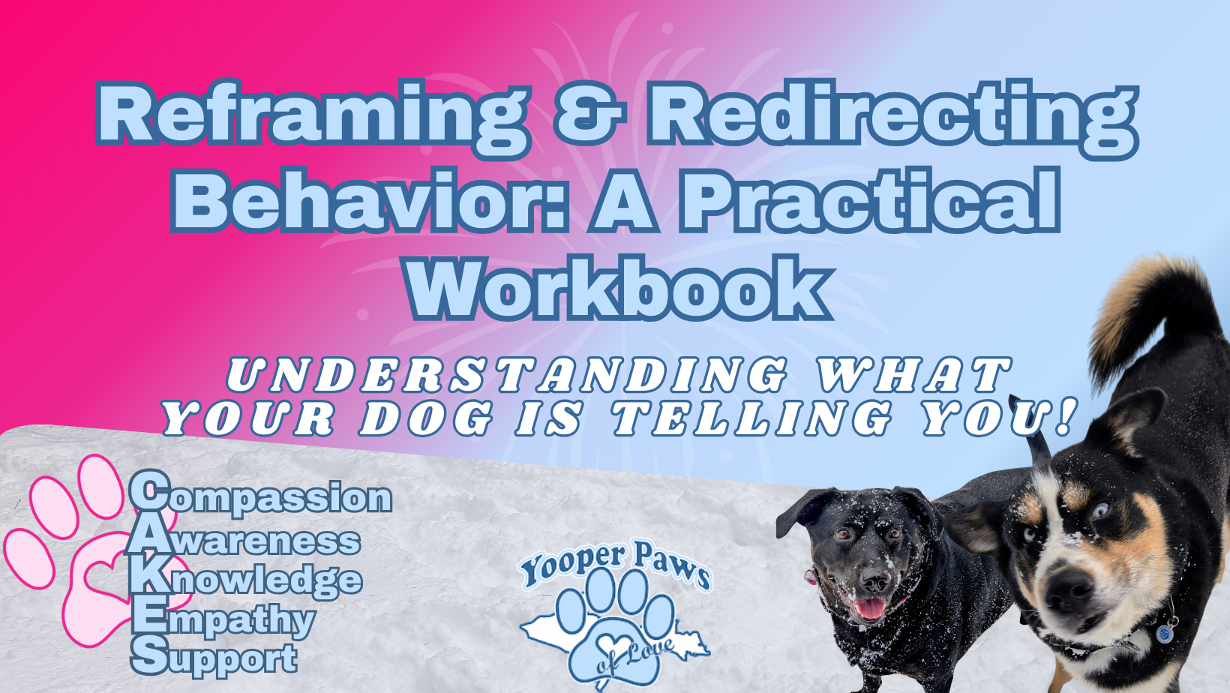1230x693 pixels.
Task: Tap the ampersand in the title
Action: click(590, 112)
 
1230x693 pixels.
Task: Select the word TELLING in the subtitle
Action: click(752, 418)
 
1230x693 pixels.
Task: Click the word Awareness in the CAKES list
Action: click(244, 540)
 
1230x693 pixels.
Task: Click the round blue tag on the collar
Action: click(1163, 634)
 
